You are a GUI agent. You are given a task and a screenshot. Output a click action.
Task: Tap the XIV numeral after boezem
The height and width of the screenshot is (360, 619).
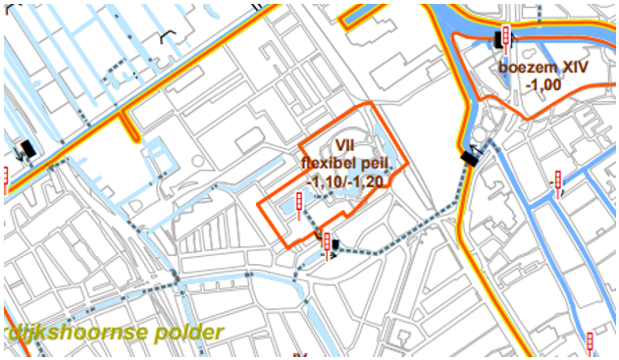pyautogui.click(x=571, y=69)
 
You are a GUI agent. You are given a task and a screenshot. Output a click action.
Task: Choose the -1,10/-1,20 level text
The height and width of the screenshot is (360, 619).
pyautogui.click(x=344, y=180)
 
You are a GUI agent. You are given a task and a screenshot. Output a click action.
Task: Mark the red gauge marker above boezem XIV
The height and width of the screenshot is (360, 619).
pyautogui.click(x=505, y=35)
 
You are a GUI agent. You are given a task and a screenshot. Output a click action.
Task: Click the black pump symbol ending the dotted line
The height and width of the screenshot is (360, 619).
pyautogui.click(x=470, y=156)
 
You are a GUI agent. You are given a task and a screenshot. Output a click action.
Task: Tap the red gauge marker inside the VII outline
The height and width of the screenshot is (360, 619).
pyautogui.click(x=299, y=204)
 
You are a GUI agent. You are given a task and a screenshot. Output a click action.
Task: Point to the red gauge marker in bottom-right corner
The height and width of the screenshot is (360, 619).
pyautogui.click(x=591, y=342)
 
